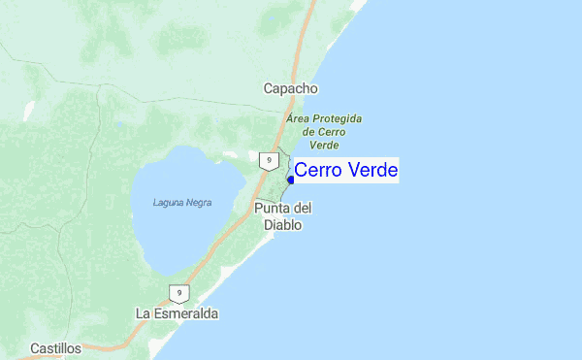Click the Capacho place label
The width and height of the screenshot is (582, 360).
[x=290, y=88]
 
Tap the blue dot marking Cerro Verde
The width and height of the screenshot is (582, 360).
[x=291, y=180]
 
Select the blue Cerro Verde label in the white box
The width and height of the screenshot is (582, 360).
[x=346, y=171]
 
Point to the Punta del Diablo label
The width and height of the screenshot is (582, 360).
[x=282, y=216]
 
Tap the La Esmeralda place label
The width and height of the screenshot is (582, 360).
[x=177, y=314]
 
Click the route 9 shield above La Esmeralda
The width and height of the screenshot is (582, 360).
[x=178, y=292]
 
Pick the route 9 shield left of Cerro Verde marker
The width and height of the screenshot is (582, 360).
[x=267, y=160]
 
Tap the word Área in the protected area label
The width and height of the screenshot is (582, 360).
[x=299, y=117]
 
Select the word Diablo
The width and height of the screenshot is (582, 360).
[x=282, y=225]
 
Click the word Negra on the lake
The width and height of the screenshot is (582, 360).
[x=197, y=202]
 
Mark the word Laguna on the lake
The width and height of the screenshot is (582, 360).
[x=168, y=202]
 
